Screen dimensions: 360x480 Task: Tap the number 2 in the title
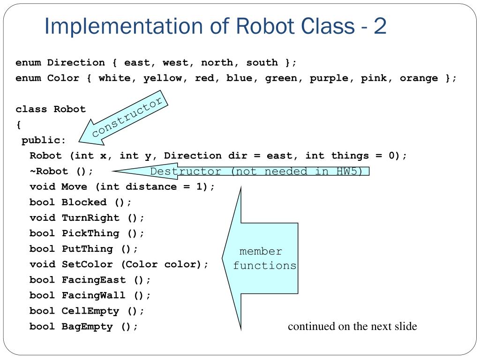point(380,27)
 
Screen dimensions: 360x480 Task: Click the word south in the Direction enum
point(262,63)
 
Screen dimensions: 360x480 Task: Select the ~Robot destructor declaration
point(61,171)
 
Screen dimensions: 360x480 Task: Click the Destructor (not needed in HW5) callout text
point(256,172)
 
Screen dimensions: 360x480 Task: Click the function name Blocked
point(84,202)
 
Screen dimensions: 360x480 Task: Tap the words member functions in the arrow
point(264,258)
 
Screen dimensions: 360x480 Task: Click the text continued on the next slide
point(352,326)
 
